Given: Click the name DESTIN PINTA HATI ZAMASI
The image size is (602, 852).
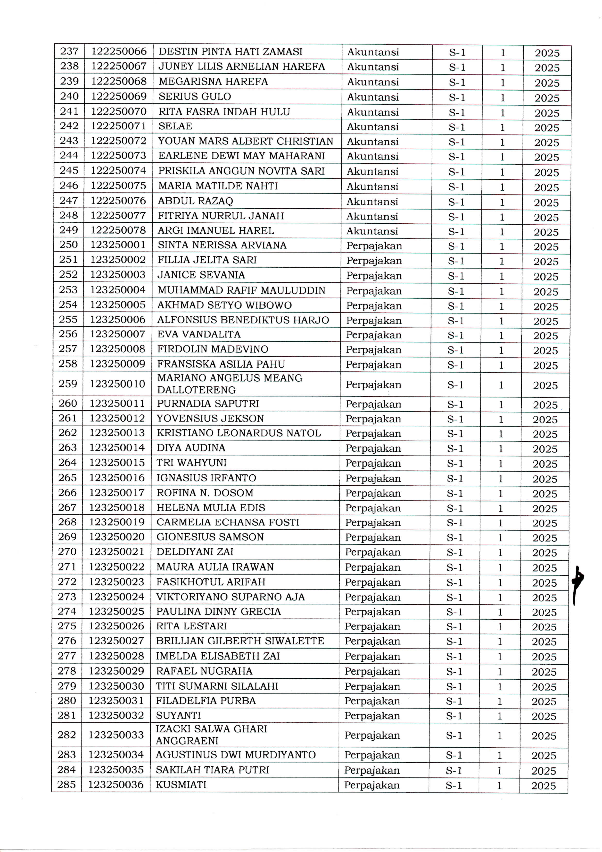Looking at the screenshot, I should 230,52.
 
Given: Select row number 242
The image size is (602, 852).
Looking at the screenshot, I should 69,126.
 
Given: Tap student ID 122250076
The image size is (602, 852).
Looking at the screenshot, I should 119,201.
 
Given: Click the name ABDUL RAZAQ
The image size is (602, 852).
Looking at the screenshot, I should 195,201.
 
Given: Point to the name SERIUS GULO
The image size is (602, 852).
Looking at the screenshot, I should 195,96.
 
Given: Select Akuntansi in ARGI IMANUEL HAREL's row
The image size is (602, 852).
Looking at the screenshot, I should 372,231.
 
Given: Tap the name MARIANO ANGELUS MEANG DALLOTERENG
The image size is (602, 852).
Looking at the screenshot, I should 230,384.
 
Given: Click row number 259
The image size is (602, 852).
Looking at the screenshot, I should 68,384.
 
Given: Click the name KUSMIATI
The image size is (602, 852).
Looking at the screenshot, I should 181,784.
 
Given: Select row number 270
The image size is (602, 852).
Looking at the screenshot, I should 67,552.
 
